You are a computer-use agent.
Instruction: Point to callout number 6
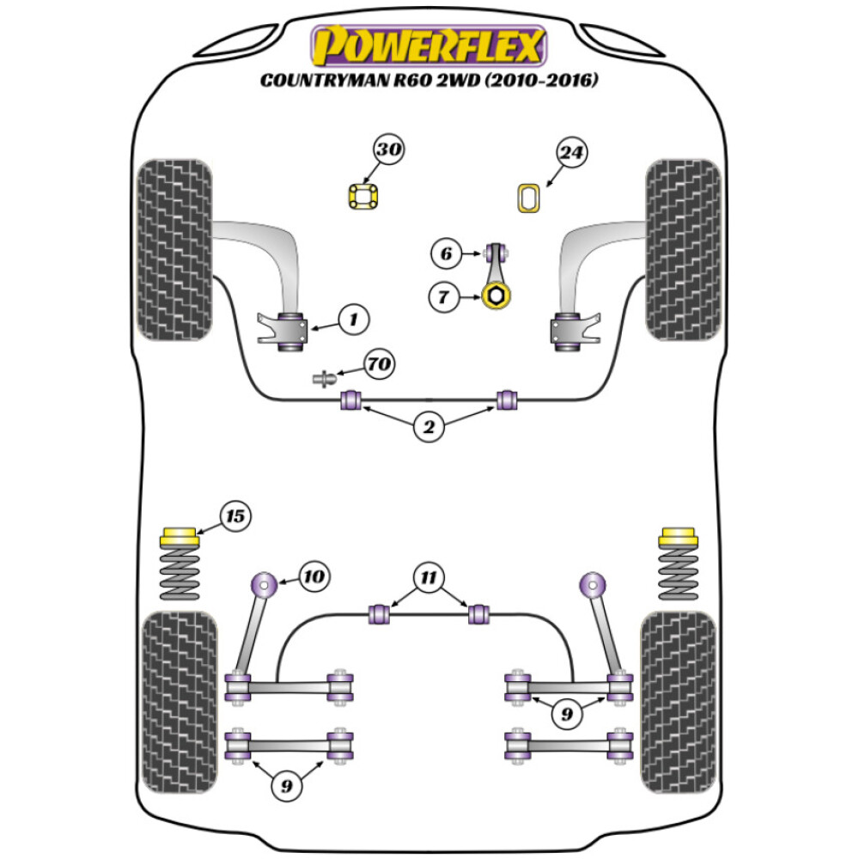pyautogui.click(x=445, y=253)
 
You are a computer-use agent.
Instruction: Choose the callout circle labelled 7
pyautogui.click(x=443, y=297)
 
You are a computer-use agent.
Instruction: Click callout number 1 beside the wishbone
pyautogui.click(x=352, y=320)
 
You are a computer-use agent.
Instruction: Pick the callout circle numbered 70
pyautogui.click(x=379, y=365)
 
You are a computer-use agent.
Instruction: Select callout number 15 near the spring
pyautogui.click(x=235, y=516)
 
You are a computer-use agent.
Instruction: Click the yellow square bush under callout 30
pyautogui.click(x=364, y=197)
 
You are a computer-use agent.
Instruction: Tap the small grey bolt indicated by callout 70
pyautogui.click(x=325, y=378)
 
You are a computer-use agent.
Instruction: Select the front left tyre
pyautogui.click(x=174, y=249)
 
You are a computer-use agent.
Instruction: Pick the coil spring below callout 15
pyautogui.click(x=180, y=576)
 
